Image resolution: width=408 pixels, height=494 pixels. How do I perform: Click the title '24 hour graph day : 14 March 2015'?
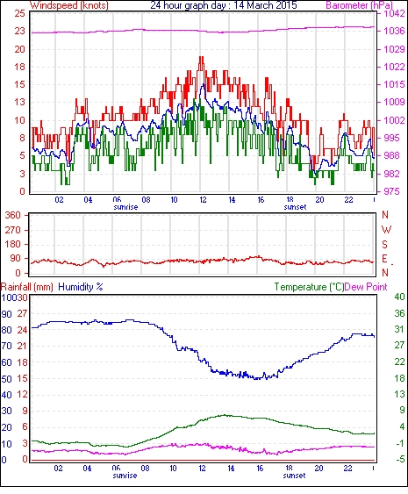[224, 5]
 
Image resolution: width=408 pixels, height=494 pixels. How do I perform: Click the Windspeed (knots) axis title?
[69, 5]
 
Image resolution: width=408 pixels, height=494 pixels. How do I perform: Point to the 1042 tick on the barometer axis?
[394, 13]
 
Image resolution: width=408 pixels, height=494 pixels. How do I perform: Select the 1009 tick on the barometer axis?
[394, 102]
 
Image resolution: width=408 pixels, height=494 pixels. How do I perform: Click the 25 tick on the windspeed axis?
[19, 13]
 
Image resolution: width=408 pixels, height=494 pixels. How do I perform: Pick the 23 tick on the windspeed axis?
[19, 31]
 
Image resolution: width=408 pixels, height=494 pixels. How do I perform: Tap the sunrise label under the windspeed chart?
[125, 207]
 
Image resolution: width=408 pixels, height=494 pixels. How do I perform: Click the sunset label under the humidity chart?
[294, 475]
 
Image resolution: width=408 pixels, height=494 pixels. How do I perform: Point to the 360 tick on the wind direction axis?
[13, 215]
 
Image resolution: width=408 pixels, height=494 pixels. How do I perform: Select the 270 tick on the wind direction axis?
[13, 230]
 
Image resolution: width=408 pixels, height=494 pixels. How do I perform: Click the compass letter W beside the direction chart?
[386, 229]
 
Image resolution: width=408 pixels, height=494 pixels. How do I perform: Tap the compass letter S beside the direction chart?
[384, 244]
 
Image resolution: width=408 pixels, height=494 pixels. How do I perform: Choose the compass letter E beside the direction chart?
[384, 258]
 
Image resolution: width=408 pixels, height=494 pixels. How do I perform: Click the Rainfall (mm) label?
[27, 287]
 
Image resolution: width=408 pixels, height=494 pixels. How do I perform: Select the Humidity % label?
[81, 287]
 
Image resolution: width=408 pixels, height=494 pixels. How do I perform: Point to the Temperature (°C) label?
[309, 287]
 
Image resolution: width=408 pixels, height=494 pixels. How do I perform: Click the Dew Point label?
[366, 287]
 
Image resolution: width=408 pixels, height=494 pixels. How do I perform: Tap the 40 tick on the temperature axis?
[399, 297]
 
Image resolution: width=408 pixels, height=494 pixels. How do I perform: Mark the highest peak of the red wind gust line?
[201, 57]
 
